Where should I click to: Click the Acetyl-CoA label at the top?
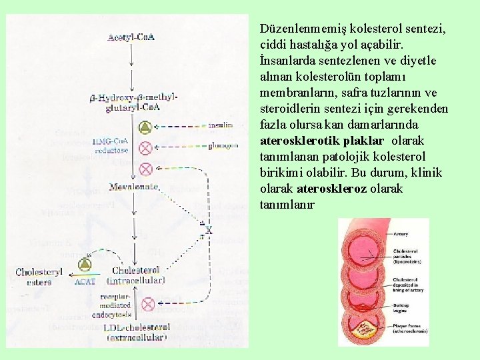131,37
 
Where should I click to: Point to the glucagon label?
222,145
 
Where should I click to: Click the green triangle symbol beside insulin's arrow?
145,127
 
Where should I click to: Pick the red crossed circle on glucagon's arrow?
145,147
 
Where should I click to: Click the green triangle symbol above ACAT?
85,265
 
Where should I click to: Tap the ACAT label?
85,281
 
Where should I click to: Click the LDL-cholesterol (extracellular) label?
136,332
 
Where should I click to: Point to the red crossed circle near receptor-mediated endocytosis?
148,304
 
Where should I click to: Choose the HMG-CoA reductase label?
111,145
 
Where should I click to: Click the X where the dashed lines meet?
208,230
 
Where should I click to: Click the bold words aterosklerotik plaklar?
322,141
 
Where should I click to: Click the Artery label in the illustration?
401,234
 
